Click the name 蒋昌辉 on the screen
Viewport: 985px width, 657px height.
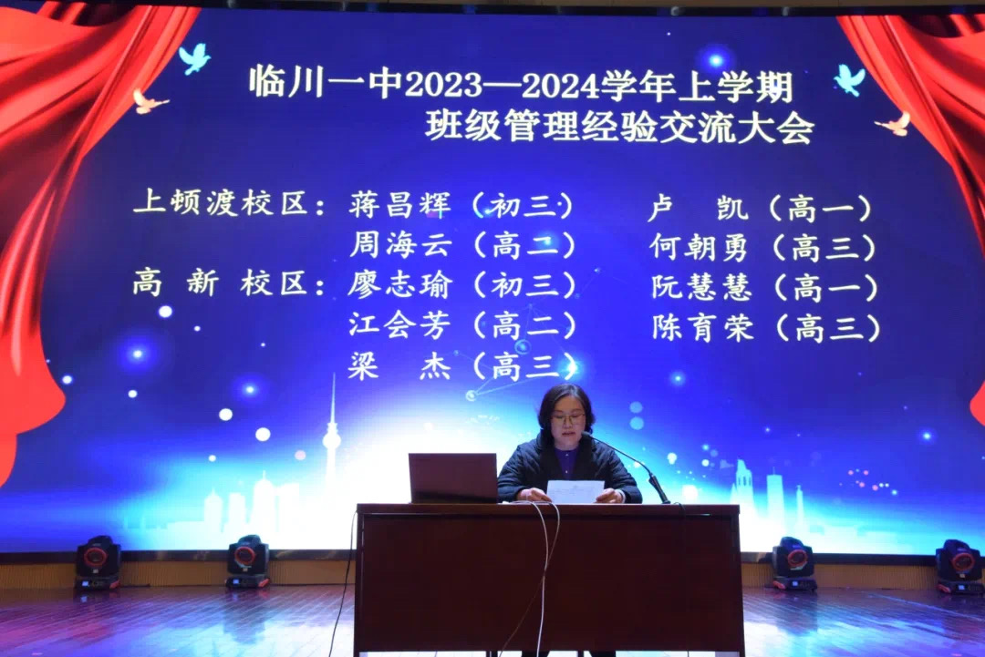click(400, 204)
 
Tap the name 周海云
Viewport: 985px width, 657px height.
click(400, 245)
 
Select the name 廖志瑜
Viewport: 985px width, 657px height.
click(400, 285)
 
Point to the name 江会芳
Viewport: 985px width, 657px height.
click(400, 325)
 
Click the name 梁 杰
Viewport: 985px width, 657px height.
click(400, 365)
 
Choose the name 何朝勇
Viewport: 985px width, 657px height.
click(700, 248)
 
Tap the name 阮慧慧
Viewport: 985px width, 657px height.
click(701, 287)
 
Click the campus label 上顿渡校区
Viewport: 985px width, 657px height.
click(221, 202)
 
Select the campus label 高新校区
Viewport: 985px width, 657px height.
click(220, 283)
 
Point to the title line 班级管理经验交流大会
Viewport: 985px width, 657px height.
click(619, 127)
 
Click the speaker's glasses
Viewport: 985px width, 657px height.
click(568, 416)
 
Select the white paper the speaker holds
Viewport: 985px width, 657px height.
click(575, 491)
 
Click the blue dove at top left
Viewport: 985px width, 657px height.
click(194, 58)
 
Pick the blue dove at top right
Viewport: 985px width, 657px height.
click(850, 79)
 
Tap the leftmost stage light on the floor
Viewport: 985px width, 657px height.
click(98, 563)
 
